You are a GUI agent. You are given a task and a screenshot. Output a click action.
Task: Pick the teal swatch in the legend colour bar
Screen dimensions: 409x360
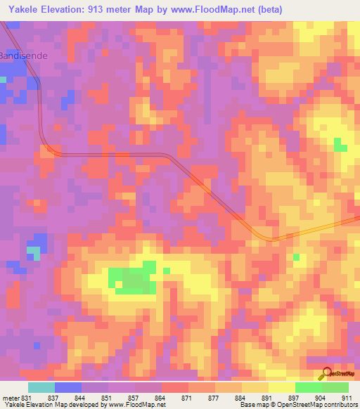pyautogui.click(x=41, y=387)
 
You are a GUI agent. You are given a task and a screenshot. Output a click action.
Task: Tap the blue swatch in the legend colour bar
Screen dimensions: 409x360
pyautogui.click(x=68, y=387)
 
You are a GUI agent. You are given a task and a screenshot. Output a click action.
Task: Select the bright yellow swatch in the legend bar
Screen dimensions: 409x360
pyautogui.click(x=281, y=387)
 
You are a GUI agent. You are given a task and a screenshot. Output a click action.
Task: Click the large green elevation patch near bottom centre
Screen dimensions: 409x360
pyautogui.click(x=134, y=279)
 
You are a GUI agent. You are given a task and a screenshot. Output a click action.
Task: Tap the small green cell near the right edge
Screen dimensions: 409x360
pyautogui.click(x=340, y=145)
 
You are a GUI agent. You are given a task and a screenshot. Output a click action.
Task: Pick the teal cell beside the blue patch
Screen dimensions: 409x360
pyautogui.click(x=33, y=251)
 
